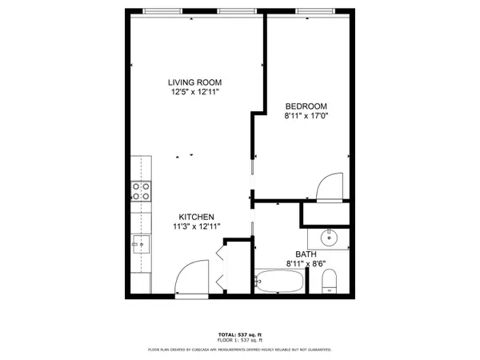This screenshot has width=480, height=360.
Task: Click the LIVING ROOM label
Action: (x=194, y=82)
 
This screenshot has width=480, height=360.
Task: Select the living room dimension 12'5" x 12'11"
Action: (x=194, y=93)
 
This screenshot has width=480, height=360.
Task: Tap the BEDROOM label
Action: (x=306, y=106)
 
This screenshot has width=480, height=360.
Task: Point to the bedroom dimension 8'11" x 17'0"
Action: (x=306, y=117)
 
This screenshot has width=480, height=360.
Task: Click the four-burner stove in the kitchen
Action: (x=141, y=191)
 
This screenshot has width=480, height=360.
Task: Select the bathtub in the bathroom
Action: (x=279, y=282)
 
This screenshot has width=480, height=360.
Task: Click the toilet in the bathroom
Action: (x=329, y=281)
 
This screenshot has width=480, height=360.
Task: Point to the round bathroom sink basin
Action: (x=330, y=238)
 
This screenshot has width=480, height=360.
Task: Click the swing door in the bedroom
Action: (x=330, y=187)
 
